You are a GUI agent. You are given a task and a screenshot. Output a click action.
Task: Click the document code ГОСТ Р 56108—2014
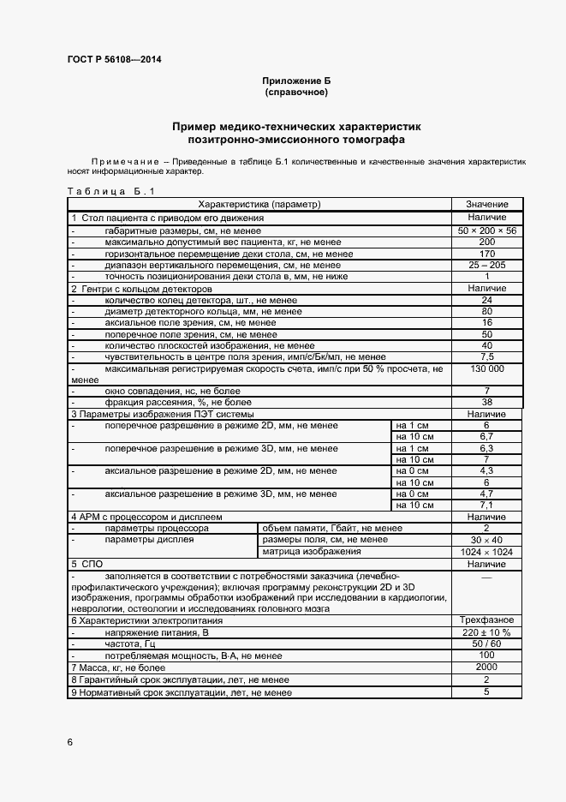tap(114, 59)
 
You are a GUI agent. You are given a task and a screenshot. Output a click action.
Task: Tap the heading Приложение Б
tap(295, 80)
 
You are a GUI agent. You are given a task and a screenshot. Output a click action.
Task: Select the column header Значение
tap(487, 205)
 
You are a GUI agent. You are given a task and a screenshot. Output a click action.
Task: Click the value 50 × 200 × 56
tap(487, 231)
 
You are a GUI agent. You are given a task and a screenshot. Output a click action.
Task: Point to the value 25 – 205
tap(487, 266)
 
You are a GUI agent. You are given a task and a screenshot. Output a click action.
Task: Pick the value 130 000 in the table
tap(487, 368)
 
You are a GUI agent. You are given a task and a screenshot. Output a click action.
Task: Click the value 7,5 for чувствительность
tap(487, 356)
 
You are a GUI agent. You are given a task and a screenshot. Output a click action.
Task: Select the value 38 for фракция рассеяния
tap(487, 402)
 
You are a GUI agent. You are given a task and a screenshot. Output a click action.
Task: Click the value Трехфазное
tap(487, 619)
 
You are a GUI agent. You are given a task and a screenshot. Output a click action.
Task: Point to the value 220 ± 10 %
tap(487, 631)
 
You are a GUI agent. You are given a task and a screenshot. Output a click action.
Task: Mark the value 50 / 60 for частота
tap(487, 643)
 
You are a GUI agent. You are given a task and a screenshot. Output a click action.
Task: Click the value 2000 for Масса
tap(487, 666)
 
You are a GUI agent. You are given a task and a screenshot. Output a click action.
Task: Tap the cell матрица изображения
tap(305, 552)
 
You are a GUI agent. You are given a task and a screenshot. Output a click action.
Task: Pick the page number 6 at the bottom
tap(70, 741)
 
